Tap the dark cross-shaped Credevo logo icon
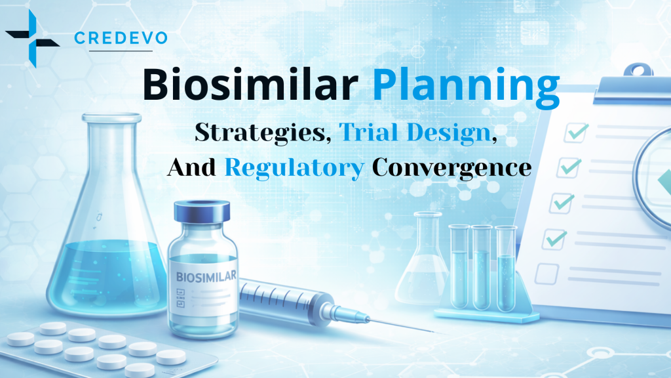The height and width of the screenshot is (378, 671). (x=31, y=37)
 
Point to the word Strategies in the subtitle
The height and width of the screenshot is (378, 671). (x=263, y=133)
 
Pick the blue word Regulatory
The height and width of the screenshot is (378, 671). (x=294, y=168)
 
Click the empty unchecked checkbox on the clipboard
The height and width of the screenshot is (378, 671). (x=546, y=272)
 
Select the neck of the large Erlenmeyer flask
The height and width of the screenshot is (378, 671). (x=111, y=157)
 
